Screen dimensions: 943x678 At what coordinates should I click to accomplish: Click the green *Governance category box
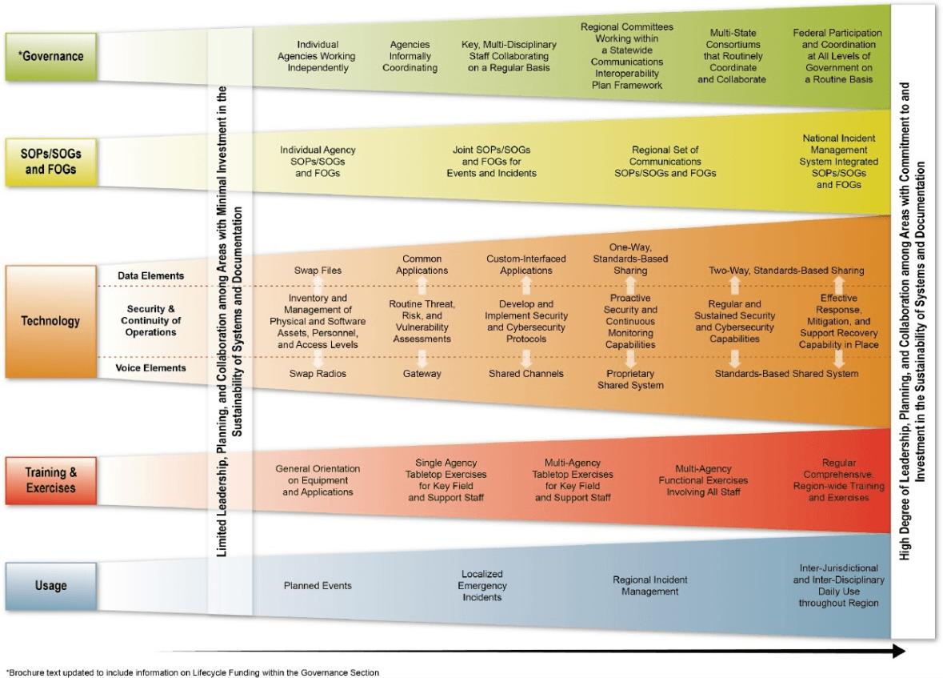(51, 57)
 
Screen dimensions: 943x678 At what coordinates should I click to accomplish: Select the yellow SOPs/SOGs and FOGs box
(51, 162)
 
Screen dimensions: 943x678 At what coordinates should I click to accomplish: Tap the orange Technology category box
(51, 321)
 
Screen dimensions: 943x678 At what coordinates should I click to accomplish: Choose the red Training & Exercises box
(51, 480)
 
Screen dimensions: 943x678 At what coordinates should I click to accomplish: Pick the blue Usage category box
(51, 586)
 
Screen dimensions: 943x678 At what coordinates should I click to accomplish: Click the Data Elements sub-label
(151, 276)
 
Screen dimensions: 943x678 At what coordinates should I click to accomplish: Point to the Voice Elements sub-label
(151, 368)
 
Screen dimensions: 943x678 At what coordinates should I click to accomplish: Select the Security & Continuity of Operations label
(151, 320)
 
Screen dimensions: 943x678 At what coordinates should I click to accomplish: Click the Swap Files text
(318, 271)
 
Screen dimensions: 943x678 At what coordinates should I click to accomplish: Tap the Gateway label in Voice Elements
(422, 373)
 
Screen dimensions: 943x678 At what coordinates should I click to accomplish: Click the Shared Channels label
(526, 373)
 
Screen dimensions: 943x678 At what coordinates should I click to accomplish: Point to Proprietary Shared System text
(630, 379)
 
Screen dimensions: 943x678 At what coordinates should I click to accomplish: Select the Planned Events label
(318, 585)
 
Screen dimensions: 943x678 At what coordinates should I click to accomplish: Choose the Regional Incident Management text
(650, 585)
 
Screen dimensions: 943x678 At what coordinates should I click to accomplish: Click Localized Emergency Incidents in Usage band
(481, 585)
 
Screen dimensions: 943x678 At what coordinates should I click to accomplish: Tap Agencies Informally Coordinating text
(410, 56)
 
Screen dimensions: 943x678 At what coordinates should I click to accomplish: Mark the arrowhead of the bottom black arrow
(900, 651)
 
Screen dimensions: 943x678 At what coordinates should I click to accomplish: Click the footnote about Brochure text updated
(193, 672)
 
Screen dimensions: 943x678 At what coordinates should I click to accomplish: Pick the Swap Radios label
(318, 373)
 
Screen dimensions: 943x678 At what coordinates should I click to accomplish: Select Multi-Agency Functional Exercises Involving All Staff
(703, 480)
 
